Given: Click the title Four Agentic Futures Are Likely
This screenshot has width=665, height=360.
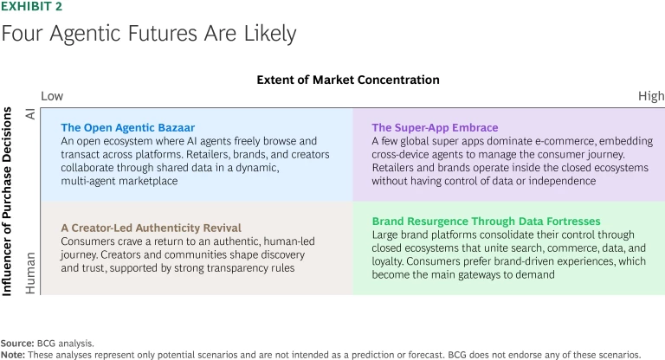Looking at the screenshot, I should (x=148, y=35).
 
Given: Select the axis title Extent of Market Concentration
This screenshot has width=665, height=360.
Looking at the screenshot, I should (x=348, y=80).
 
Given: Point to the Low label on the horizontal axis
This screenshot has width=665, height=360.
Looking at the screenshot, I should (x=52, y=96).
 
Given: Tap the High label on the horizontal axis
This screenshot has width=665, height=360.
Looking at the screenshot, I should (x=650, y=96).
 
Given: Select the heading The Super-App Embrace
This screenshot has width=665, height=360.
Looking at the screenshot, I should (x=435, y=127).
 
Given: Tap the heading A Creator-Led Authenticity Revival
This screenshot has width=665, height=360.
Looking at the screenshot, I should (x=151, y=228).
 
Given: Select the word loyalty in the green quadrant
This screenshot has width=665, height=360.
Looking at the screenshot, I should (x=391, y=261).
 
